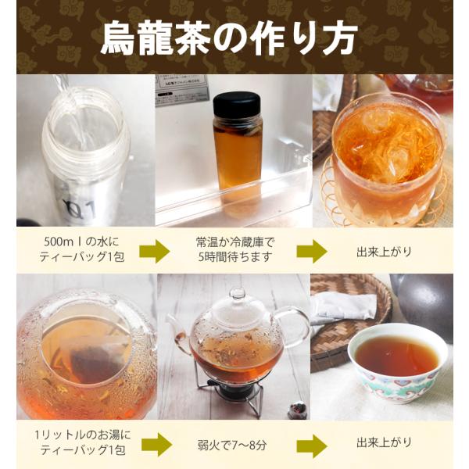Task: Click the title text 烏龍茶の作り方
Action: (x=229, y=38)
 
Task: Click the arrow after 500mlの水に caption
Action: (x=155, y=251)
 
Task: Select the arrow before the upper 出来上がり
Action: (x=312, y=251)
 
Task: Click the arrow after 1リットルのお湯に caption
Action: (x=157, y=444)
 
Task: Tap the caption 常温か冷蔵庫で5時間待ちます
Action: (x=234, y=249)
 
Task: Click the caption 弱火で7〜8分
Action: (x=232, y=446)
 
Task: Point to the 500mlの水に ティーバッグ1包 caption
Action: (x=81, y=249)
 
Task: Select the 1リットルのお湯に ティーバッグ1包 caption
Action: (x=83, y=442)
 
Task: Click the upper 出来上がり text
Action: (x=385, y=252)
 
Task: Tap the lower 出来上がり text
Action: (x=385, y=442)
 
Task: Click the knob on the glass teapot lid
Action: (x=238, y=294)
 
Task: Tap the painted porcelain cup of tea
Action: (x=398, y=362)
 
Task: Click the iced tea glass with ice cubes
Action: (x=388, y=159)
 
